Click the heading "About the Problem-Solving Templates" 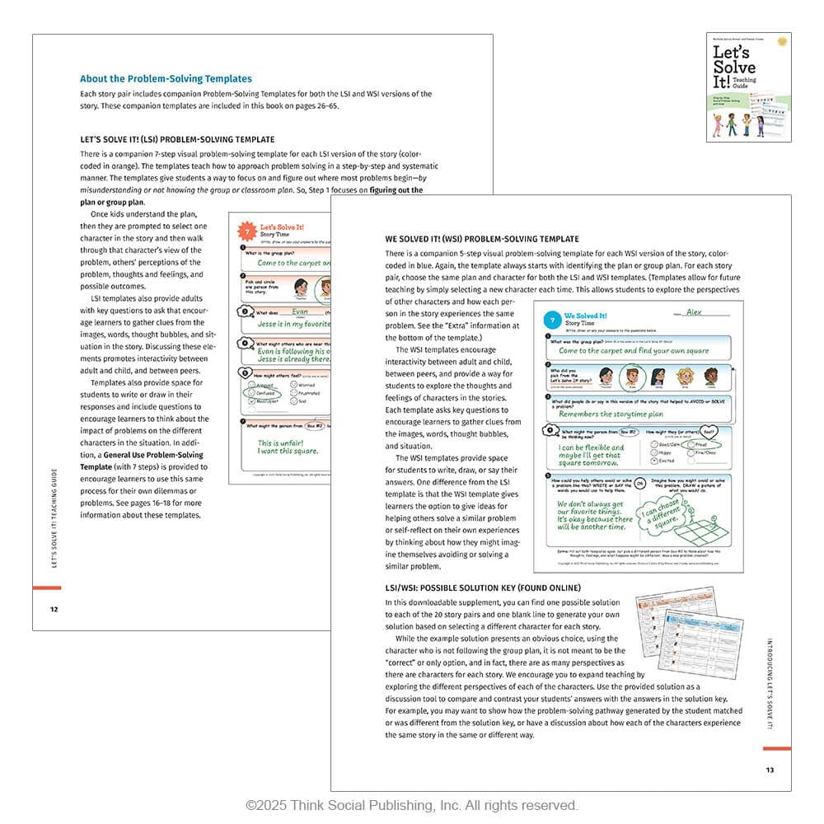point(166,79)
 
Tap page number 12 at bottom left point(54,609)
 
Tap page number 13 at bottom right point(770,770)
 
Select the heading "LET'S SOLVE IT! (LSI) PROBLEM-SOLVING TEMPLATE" point(177,139)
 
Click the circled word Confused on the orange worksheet point(263,394)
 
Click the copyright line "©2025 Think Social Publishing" point(411,805)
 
